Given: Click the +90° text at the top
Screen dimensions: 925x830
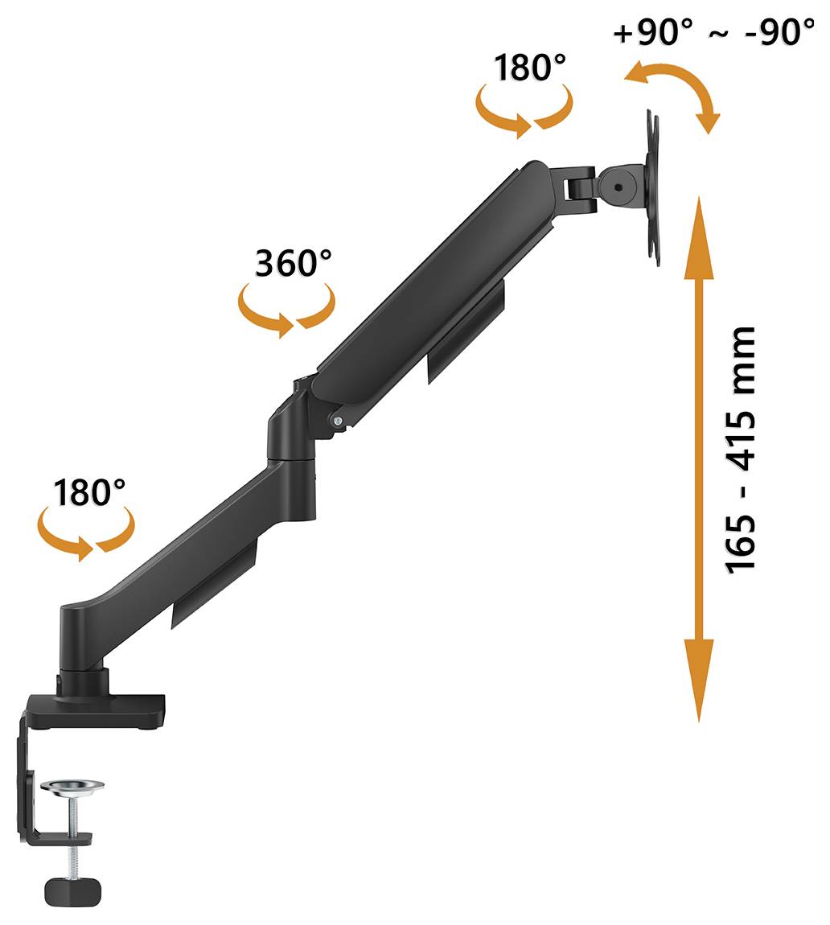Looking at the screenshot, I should click(x=652, y=34).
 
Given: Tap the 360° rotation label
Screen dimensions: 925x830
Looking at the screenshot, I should click(x=293, y=263).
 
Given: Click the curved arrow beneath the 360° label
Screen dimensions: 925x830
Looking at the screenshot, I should click(x=286, y=309).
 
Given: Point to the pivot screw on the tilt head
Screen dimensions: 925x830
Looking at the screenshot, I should click(x=617, y=187).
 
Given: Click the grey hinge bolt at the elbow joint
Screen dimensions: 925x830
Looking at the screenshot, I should click(x=336, y=419).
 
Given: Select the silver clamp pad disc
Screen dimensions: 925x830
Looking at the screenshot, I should click(x=73, y=786).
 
